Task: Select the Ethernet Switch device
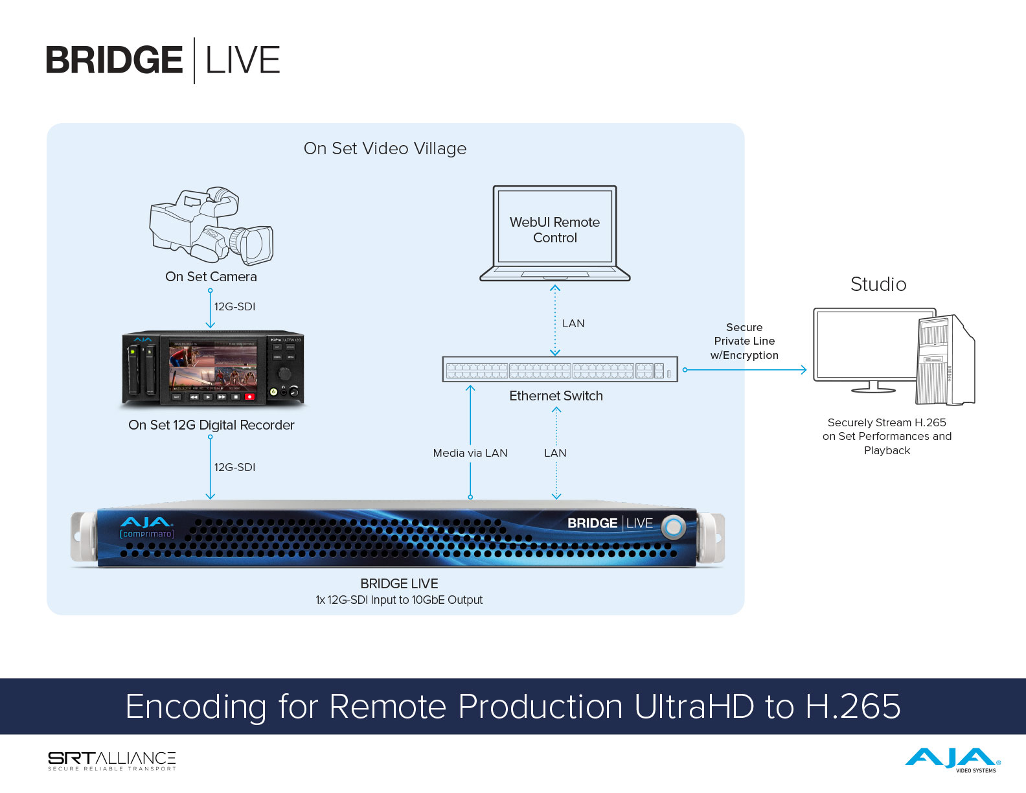click(x=560, y=370)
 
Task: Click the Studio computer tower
click(x=945, y=360)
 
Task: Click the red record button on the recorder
click(x=249, y=396)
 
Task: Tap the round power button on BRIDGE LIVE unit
click(x=674, y=527)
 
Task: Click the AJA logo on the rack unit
click(x=146, y=522)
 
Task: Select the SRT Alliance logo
click(x=112, y=761)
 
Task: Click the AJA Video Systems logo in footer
click(x=953, y=760)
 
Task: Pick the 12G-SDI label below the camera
click(x=234, y=306)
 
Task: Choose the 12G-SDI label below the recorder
click(x=234, y=467)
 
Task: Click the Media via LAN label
click(x=470, y=453)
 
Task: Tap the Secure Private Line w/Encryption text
click(x=744, y=341)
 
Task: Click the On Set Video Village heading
click(x=385, y=148)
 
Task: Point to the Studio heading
click(x=878, y=284)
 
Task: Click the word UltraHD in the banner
click(x=694, y=706)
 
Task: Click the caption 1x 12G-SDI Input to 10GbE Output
click(x=399, y=600)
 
